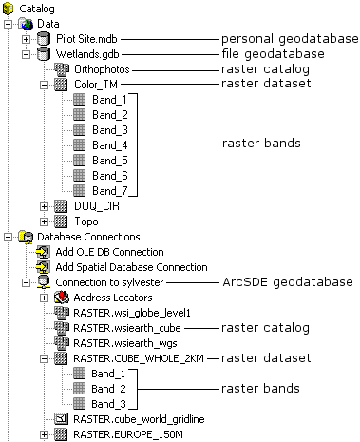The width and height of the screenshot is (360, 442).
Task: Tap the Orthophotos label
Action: click(102, 69)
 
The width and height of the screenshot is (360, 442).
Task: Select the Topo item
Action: click(86, 221)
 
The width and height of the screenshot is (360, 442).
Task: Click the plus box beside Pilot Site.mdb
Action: click(26, 39)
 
